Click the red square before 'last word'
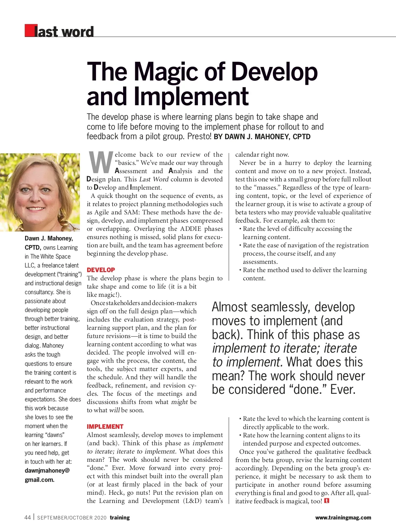click(30, 30)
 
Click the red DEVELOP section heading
click(101, 270)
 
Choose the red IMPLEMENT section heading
click(105, 426)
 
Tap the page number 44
click(28, 517)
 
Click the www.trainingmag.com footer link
click(343, 518)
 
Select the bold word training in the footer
click(120, 517)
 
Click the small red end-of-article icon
click(327, 501)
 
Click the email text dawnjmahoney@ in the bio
click(47, 471)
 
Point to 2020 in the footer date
click(100, 518)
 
